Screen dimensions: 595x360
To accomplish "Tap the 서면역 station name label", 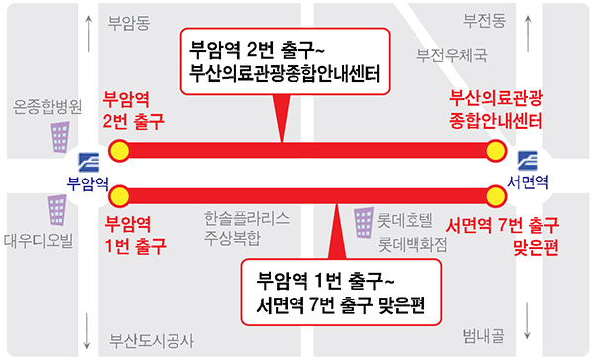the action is click(x=527, y=181).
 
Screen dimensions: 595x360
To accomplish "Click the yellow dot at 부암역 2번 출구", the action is click(x=119, y=151).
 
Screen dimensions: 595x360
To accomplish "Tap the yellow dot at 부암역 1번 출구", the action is click(x=119, y=193).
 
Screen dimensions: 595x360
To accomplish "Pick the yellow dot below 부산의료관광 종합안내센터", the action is click(x=495, y=151).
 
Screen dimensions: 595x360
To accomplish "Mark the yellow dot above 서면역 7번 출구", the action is click(x=495, y=193).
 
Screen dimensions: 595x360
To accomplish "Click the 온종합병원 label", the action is click(x=46, y=104).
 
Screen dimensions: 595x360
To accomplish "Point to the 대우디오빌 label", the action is click(x=39, y=239).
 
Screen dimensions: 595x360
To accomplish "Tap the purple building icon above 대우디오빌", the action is click(x=58, y=209).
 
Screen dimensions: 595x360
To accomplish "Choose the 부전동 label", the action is click(x=485, y=19).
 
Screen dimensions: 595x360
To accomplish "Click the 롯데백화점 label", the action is click(x=412, y=241).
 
